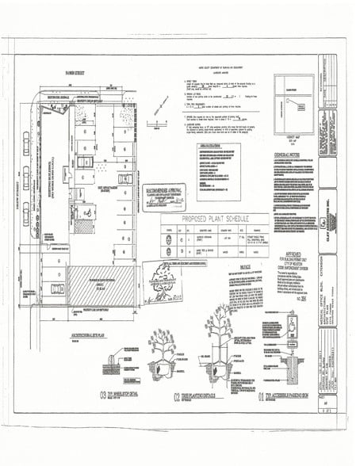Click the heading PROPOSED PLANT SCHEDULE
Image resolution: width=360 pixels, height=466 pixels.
(x=216, y=218)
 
